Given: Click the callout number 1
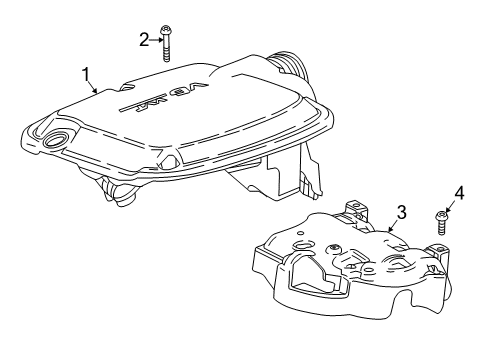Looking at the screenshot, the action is pos(87,73).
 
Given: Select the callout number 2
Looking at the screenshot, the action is pos(144,39).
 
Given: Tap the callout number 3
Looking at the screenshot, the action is pos(400,212).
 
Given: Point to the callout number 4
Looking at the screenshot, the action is pos(460,192).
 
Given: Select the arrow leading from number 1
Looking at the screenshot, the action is pos(94,86).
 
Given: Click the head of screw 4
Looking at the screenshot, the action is pos(442,213).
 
